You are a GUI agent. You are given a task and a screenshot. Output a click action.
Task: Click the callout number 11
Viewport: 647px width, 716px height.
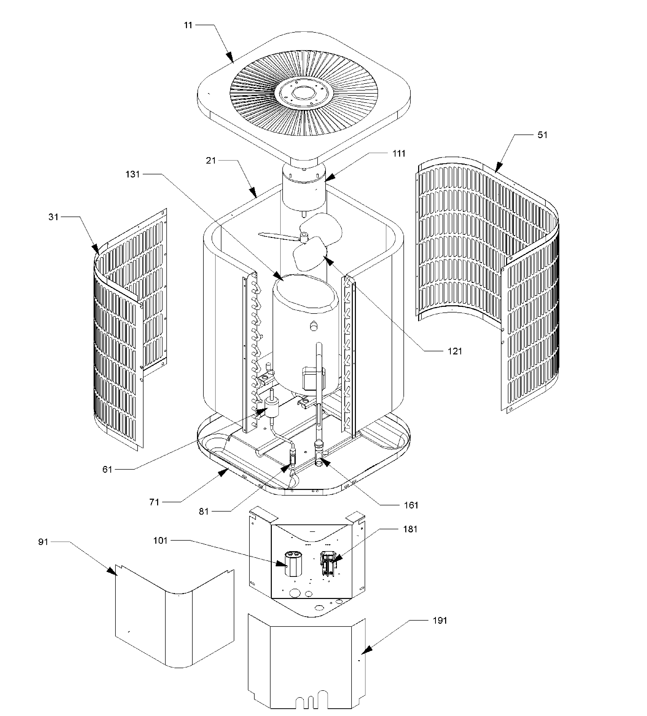pyautogui.click(x=188, y=25)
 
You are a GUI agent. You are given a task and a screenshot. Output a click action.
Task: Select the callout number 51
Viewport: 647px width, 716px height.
pyautogui.click(x=542, y=135)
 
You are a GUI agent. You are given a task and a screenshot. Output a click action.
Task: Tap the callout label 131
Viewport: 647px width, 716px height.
pyautogui.click(x=132, y=174)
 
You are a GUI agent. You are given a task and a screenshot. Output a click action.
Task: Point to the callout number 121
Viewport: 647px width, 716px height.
pyautogui.click(x=455, y=351)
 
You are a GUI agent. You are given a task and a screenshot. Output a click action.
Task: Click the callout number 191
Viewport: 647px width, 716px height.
pyautogui.click(x=440, y=621)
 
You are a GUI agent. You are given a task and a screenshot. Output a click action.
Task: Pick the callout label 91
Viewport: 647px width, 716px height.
pyautogui.click(x=43, y=542)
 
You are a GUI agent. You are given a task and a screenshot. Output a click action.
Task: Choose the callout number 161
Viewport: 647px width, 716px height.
pyautogui.click(x=411, y=505)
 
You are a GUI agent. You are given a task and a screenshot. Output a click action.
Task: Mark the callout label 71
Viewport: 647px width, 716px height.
pyautogui.click(x=154, y=502)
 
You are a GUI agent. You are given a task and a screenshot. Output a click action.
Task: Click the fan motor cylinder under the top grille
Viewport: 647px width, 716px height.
pyautogui.click(x=304, y=194)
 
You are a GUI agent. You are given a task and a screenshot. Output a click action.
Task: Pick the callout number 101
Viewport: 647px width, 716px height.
pyautogui.click(x=160, y=541)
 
